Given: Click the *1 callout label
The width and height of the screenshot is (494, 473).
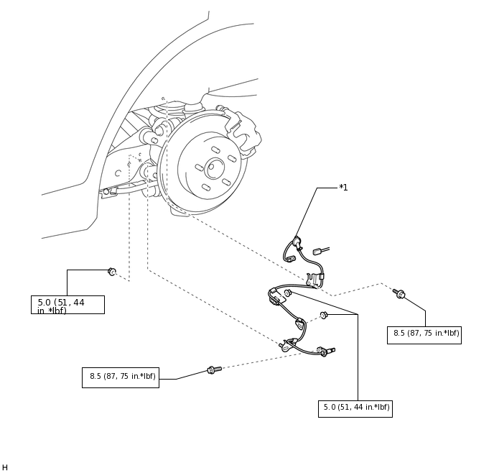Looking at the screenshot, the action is click(343, 188).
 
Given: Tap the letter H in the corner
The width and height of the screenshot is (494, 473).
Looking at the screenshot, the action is click(5, 467).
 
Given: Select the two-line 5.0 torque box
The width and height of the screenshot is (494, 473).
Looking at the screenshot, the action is click(67, 305).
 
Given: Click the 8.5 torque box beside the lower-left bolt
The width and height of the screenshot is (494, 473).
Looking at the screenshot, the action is click(121, 377).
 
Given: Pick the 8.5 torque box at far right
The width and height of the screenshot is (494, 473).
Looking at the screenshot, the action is click(424, 335).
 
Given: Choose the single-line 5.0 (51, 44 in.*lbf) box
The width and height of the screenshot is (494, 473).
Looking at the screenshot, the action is click(355, 409).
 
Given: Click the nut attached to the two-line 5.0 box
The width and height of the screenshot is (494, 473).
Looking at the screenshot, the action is click(112, 272).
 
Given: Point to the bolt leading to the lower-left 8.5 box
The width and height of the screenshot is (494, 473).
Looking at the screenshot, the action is click(214, 369).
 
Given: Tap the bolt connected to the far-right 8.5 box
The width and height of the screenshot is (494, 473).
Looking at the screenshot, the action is click(399, 293).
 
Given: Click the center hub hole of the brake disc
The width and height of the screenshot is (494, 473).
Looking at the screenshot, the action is click(214, 168).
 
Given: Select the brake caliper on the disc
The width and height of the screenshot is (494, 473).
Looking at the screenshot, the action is click(243, 131).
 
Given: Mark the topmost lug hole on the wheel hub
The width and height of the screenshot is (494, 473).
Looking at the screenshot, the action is click(216, 150).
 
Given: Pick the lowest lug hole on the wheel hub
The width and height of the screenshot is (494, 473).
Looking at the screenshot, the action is click(206, 188).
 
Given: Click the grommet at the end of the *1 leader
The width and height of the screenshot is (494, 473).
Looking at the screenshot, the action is click(296, 242).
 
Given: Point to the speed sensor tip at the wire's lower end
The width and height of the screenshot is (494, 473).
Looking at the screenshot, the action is click(330, 350).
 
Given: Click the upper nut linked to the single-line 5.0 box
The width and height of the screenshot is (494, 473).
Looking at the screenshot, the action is click(288, 293).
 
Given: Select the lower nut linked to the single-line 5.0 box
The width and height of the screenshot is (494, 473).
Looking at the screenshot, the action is click(324, 315).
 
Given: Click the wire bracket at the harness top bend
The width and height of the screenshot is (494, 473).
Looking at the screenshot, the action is click(312, 280).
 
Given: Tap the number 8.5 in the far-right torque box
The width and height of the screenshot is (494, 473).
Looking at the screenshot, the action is click(399, 333).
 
